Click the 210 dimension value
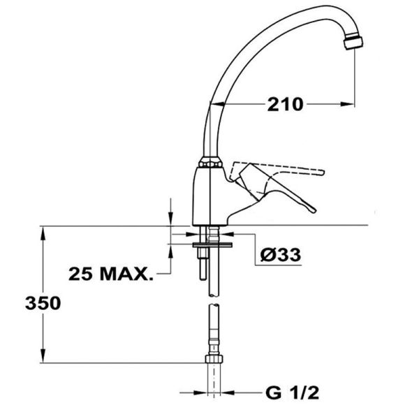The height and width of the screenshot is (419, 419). [x=285, y=104]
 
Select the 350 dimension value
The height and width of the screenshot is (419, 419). [x=43, y=303]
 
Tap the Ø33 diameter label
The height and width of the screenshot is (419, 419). [x=281, y=255]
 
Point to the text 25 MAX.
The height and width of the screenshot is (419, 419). [x=111, y=274]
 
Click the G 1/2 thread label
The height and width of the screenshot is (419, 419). [x=293, y=392]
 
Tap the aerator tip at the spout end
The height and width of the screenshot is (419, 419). [x=354, y=43]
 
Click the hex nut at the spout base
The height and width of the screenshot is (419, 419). [x=211, y=163]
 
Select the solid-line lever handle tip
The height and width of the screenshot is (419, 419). [x=311, y=209]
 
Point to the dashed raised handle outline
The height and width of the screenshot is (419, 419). [x=278, y=171]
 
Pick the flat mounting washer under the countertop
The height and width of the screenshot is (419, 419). [x=212, y=244]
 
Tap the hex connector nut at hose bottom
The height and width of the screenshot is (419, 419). [x=214, y=359]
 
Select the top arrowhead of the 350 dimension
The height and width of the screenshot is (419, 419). [x=43, y=233]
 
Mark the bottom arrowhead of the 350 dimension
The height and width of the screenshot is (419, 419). [x=43, y=355]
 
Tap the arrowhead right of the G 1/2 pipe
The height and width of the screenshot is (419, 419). [x=228, y=392]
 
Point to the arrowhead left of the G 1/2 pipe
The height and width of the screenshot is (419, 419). [x=200, y=392]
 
